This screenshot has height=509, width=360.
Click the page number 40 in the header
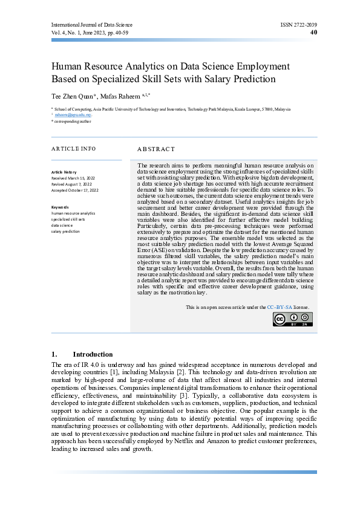313,33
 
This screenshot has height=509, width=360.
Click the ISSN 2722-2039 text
298,25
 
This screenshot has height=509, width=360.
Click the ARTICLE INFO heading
73,149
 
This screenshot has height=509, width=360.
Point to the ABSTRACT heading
155,149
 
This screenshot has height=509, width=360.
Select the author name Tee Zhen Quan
71,95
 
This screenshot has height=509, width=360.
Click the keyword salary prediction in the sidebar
65,231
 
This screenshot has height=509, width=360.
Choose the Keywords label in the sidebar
61,207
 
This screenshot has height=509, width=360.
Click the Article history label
64,172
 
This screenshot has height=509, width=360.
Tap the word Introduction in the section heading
93,354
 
